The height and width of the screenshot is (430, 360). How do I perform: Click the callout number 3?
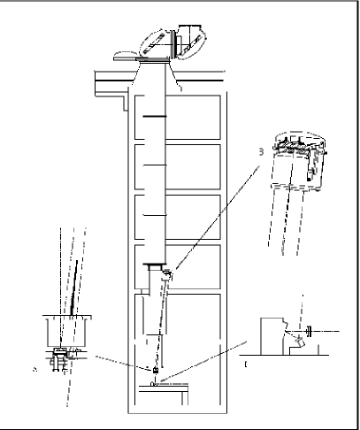pos(260,150)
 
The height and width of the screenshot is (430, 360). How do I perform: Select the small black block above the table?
pos(156,367)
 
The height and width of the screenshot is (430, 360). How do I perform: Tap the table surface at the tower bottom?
pos(169,384)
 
